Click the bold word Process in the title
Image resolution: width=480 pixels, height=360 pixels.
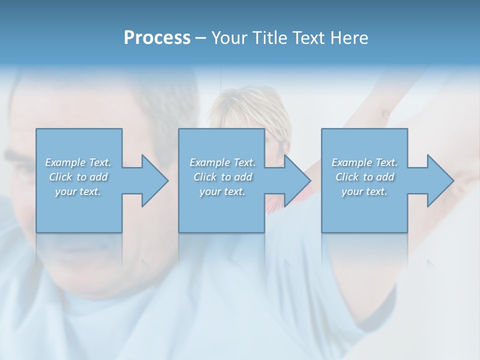[157, 38]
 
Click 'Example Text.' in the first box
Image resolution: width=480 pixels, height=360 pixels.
[78, 162]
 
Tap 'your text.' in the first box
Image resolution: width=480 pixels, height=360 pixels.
[78, 191]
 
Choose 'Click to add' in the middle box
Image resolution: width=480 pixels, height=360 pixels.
[222, 177]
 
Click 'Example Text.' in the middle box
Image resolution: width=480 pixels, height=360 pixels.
[222, 162]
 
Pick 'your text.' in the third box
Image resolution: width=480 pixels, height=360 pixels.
[364, 191]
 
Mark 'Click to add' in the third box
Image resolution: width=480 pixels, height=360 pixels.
[364, 177]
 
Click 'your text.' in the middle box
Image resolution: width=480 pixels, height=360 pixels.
[222, 191]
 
